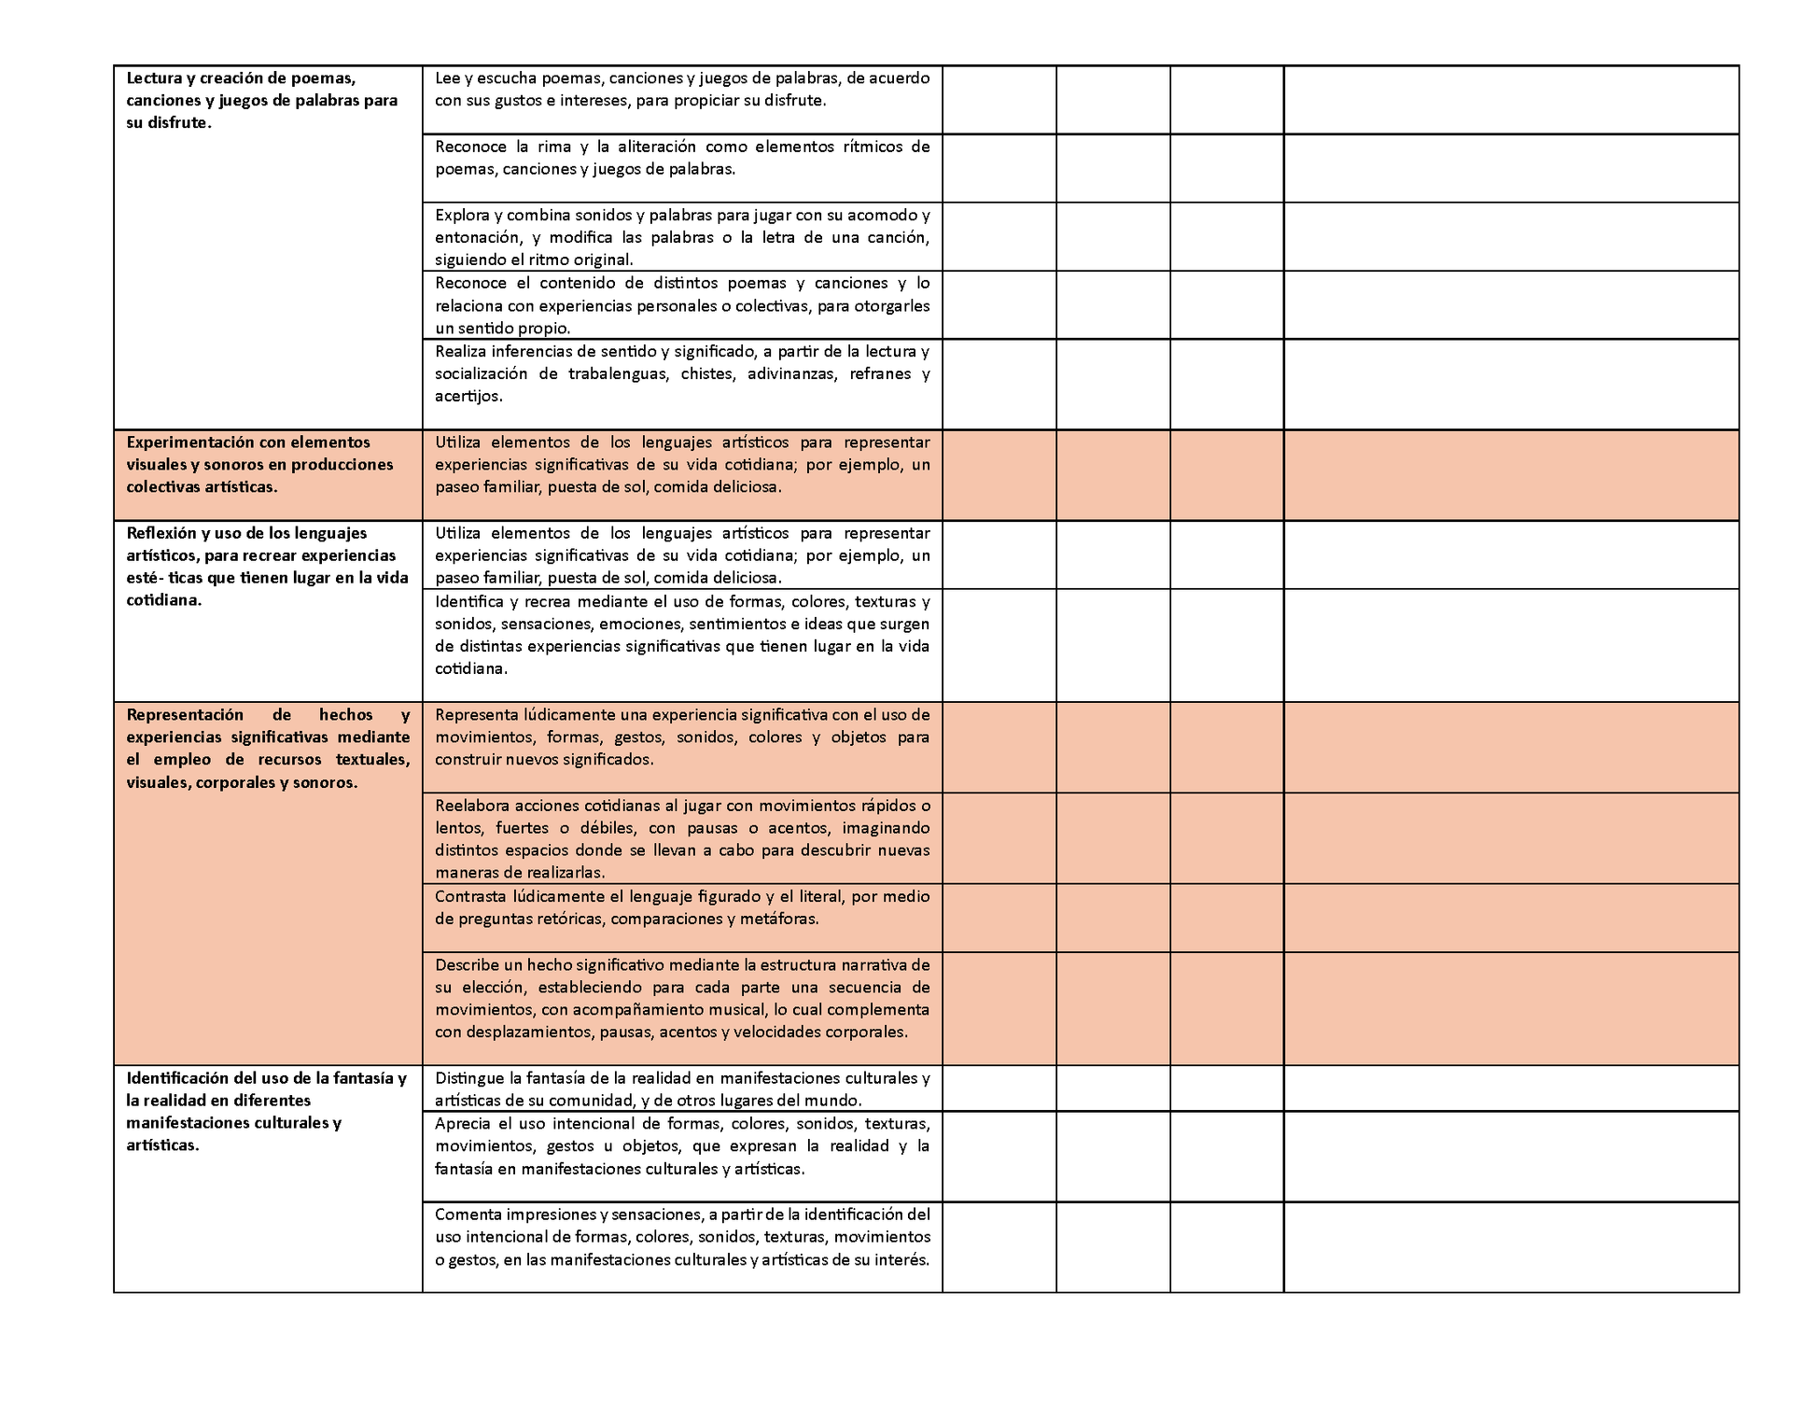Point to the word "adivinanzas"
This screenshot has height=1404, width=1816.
790,374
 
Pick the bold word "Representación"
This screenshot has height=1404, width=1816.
185,715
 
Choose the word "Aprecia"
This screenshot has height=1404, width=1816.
462,1123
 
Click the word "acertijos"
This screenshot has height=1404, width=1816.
468,397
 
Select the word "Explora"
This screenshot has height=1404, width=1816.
462,215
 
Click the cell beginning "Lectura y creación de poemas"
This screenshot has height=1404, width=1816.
268,101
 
